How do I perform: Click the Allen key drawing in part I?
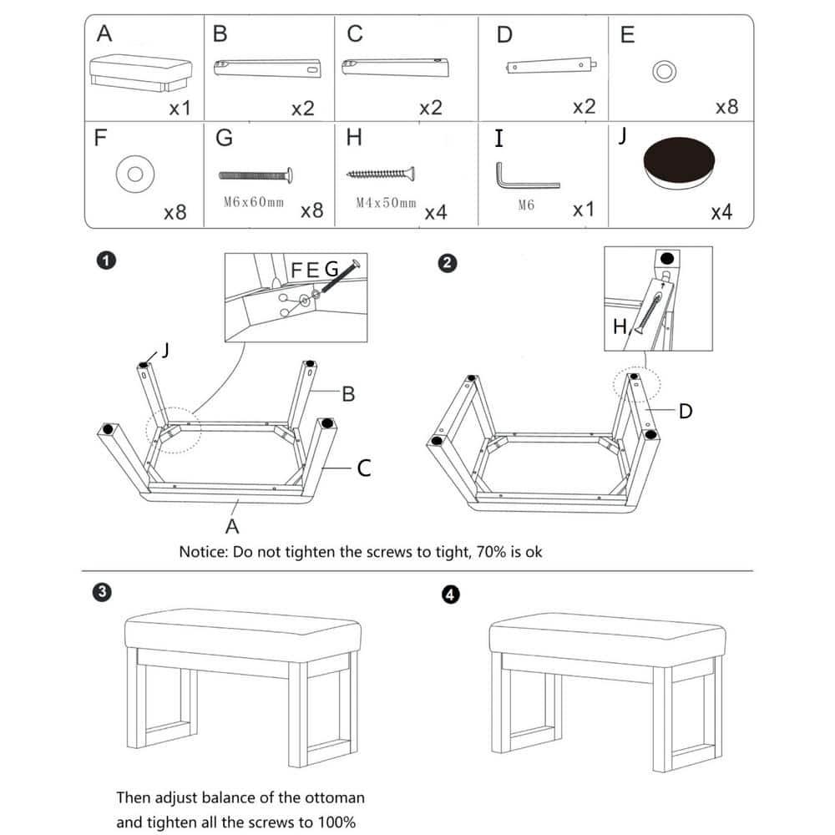521,177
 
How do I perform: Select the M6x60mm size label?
254,202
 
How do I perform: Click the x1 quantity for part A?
180,109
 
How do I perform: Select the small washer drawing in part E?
664,72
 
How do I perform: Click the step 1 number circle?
105,261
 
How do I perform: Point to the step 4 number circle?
451,595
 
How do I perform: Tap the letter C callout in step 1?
364,469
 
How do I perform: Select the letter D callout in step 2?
685,412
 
